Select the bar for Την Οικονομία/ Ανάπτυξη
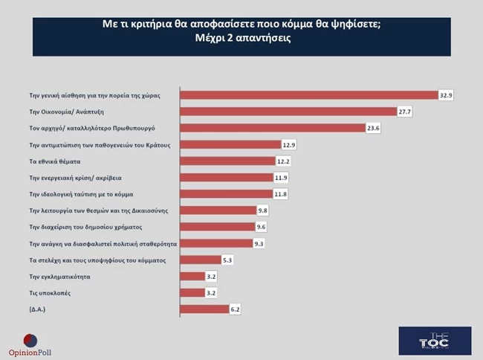tap(289, 112)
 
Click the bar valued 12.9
tap(230, 144)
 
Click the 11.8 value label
tap(279, 193)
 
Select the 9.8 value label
tap(262, 210)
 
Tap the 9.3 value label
tap(259, 242)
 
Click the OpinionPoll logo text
tap(30, 352)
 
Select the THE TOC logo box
tap(435, 341)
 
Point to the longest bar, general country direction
tap(309, 95)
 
